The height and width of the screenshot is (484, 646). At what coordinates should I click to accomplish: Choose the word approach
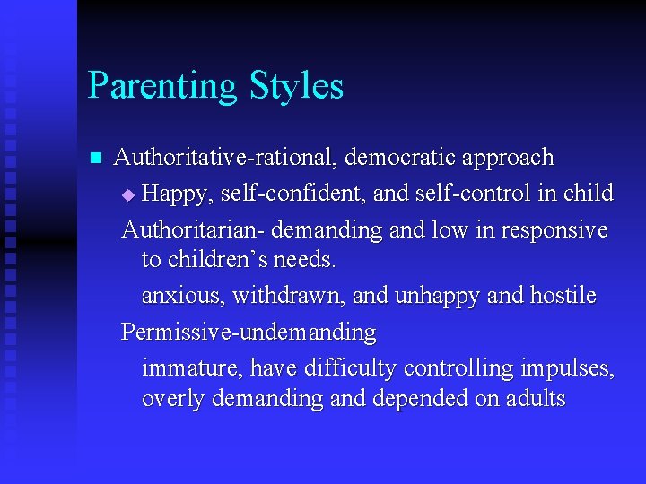coord(508,159)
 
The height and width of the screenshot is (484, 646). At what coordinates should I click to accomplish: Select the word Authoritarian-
coord(192,229)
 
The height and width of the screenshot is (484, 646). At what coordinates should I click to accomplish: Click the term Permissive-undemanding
coord(249,333)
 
